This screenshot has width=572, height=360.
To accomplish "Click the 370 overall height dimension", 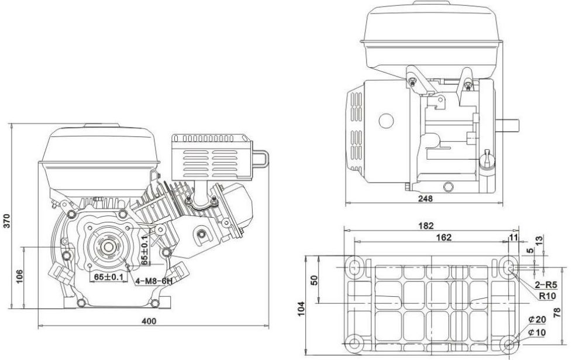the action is click(7, 221).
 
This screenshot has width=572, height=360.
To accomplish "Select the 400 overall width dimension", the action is click(149, 321).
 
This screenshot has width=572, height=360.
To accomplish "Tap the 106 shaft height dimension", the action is click(19, 276).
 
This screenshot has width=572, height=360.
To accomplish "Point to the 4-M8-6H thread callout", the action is click(154, 281).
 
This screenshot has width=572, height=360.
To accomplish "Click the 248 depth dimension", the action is click(425, 198).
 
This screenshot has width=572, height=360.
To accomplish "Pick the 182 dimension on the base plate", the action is click(426, 226).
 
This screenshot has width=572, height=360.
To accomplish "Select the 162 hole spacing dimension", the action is click(443, 237).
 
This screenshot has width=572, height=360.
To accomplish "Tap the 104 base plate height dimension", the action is click(301, 309).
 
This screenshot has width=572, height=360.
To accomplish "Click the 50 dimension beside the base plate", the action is click(315, 280).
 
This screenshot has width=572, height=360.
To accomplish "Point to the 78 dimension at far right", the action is click(557, 313).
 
